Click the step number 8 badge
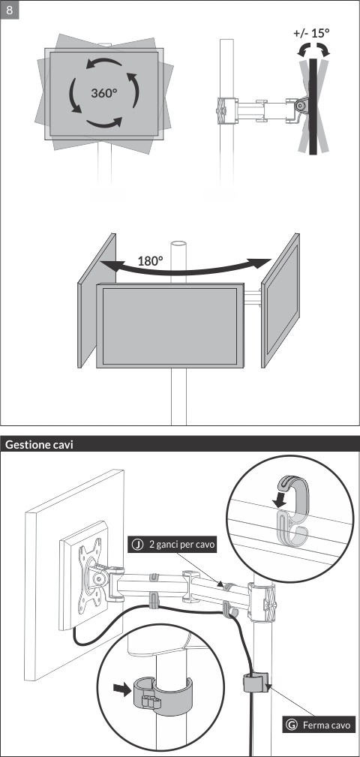point(10,11)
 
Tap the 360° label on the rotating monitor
point(104,93)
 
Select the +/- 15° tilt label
point(312,33)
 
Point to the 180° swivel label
point(151,261)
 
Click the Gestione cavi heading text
point(39,445)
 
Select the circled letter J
point(138,545)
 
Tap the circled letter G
point(292,725)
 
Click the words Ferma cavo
point(326,725)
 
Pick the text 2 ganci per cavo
point(181,545)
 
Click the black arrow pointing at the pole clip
point(123,689)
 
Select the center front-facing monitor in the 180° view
point(169,326)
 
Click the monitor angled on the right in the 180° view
point(280,300)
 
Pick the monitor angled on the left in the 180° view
point(97,300)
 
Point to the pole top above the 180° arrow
point(178,245)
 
